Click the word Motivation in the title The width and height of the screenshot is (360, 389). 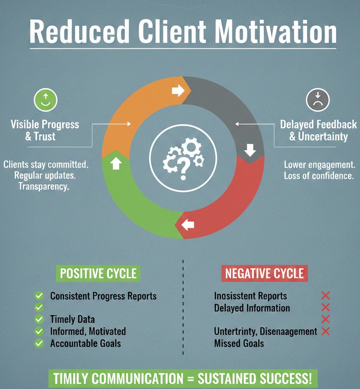(275, 31)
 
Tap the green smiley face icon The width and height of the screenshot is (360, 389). (46, 100)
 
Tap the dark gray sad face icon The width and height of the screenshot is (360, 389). (318, 100)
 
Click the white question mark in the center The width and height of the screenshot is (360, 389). (183, 169)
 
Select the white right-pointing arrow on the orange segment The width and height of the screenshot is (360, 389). (178, 90)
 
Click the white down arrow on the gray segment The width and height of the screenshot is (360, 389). (250, 150)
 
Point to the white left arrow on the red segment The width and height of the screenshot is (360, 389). (188, 225)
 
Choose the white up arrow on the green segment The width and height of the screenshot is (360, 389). (116, 163)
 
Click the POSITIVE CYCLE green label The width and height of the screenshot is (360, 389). (98, 273)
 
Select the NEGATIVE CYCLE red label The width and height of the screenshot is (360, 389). (264, 273)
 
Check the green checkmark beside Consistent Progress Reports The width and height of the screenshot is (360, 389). (39, 296)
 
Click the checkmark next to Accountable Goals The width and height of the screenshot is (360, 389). (39, 343)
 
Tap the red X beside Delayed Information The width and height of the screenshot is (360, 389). (326, 307)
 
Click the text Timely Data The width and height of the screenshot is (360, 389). (72, 319)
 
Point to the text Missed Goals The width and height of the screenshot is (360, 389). (239, 343)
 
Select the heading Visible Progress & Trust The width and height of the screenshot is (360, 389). (45, 130)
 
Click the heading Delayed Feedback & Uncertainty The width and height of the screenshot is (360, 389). (319, 130)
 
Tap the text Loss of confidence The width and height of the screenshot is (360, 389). (319, 176)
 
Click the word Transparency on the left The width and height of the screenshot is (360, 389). (44, 186)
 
